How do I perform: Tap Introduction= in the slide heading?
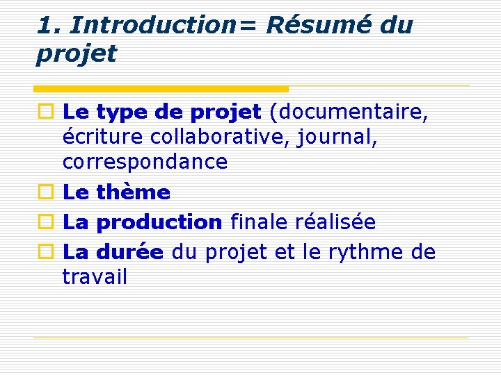[x=165, y=25]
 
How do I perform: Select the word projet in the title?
[x=77, y=53]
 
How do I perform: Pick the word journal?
[x=337, y=137]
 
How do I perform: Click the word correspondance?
[x=145, y=162]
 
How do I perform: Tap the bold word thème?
[x=134, y=192]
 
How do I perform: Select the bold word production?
[x=159, y=222]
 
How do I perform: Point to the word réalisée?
[x=335, y=222]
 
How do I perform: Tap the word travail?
[x=95, y=277]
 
